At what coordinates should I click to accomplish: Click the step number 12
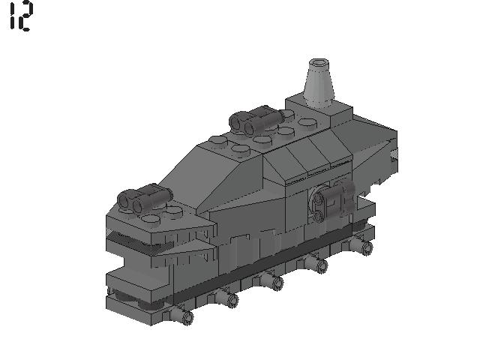[x=19, y=16]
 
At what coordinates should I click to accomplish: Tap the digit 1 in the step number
[x=11, y=16]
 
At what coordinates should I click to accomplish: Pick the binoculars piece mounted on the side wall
[x=332, y=202]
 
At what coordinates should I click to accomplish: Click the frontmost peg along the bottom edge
[x=185, y=318]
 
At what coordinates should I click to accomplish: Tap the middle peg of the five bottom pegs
[x=276, y=283]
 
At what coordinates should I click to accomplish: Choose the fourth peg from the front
[x=321, y=264]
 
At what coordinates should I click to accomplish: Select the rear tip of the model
[x=393, y=154]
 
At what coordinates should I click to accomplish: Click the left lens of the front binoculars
[x=124, y=200]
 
